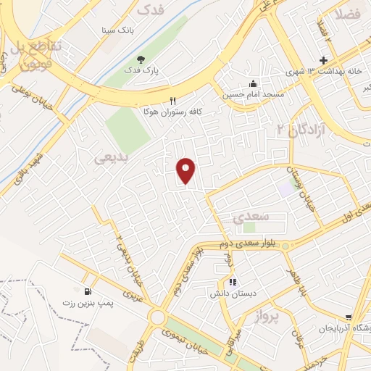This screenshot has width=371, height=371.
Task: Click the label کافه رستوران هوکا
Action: pyautogui.click(x=172, y=113)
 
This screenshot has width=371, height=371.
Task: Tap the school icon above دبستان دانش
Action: pyautogui.click(x=232, y=282)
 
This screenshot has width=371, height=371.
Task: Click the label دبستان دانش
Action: pyautogui.click(x=230, y=295)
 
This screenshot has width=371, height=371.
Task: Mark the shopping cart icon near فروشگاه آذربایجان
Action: pyautogui.click(x=349, y=317)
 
